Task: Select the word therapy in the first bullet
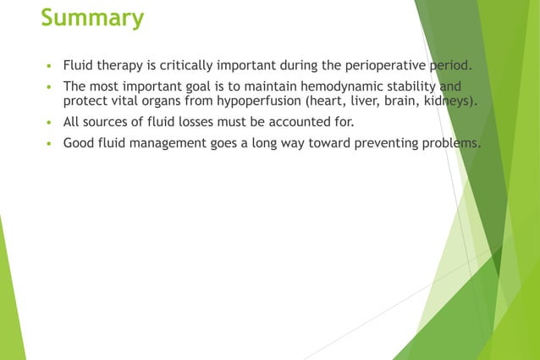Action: click(121, 65)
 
